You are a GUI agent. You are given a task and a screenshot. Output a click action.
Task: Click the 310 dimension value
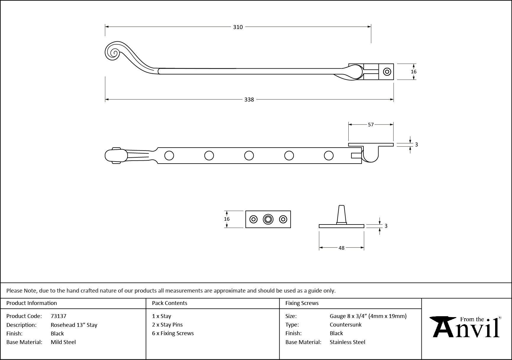click(x=238, y=27)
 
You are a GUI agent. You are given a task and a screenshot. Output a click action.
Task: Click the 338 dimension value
click(x=249, y=100)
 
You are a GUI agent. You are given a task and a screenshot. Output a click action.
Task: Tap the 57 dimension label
click(x=371, y=125)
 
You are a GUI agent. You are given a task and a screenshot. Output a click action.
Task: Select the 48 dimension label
click(x=342, y=248)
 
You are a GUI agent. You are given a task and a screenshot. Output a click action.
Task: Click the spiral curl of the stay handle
click(x=113, y=53)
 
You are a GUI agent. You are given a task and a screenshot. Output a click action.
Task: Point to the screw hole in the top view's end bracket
click(x=387, y=72)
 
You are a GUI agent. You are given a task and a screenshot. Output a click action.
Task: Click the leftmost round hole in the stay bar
click(x=169, y=156)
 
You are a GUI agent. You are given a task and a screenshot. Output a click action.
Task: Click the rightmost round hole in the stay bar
click(x=329, y=156)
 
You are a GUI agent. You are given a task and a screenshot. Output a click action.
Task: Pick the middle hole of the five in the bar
click(x=249, y=156)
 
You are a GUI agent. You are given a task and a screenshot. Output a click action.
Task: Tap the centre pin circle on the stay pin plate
click(x=268, y=219)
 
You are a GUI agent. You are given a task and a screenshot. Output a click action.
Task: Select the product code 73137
click(x=59, y=316)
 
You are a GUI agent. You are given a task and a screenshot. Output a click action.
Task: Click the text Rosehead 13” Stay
click(x=74, y=325)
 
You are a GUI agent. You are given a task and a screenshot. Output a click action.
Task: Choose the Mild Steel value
click(x=63, y=342)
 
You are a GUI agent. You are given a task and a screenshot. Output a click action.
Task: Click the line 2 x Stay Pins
click(x=168, y=325)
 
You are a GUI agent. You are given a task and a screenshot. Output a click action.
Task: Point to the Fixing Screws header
click(x=302, y=303)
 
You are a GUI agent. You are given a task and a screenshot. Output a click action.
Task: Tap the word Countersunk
click(x=346, y=325)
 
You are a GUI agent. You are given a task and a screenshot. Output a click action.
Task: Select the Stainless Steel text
click(x=347, y=342)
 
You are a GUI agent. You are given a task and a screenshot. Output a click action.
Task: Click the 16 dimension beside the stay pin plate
click(x=227, y=219)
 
